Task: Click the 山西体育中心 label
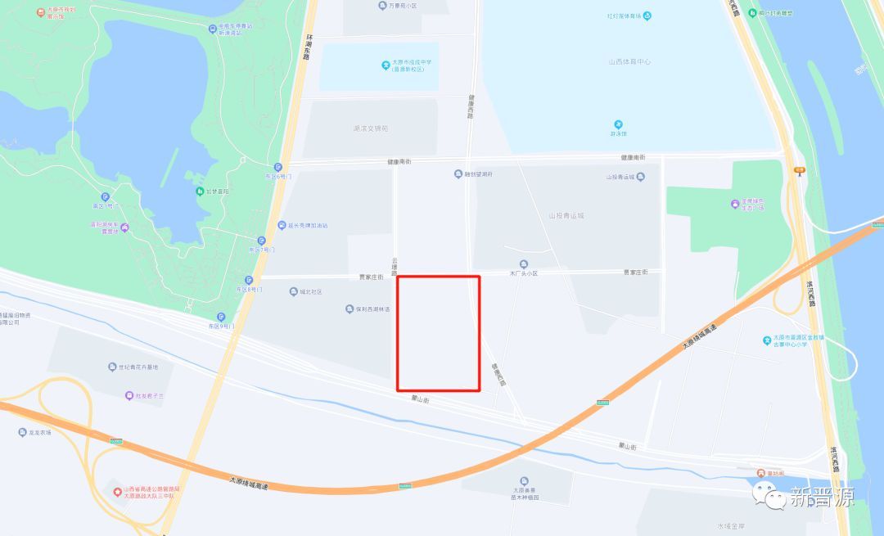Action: tap(629, 61)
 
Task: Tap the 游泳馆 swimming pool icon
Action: tap(619, 124)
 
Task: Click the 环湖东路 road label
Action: tap(309, 47)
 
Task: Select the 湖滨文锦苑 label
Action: tap(370, 128)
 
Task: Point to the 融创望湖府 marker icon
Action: tap(458, 173)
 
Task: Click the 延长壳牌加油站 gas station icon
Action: tap(280, 225)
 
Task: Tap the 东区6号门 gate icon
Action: tap(278, 166)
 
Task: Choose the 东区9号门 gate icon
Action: tap(221, 317)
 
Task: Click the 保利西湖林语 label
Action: tap(373, 309)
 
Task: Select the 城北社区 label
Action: tap(311, 292)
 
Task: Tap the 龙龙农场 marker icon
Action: tap(22, 432)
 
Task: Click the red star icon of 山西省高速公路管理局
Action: tap(117, 491)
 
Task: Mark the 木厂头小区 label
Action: tap(524, 273)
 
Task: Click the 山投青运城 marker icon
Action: tap(641, 176)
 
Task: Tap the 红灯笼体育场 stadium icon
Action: tap(647, 16)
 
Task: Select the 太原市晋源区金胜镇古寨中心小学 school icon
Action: tap(765, 338)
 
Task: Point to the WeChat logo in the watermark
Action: tap(769, 495)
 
